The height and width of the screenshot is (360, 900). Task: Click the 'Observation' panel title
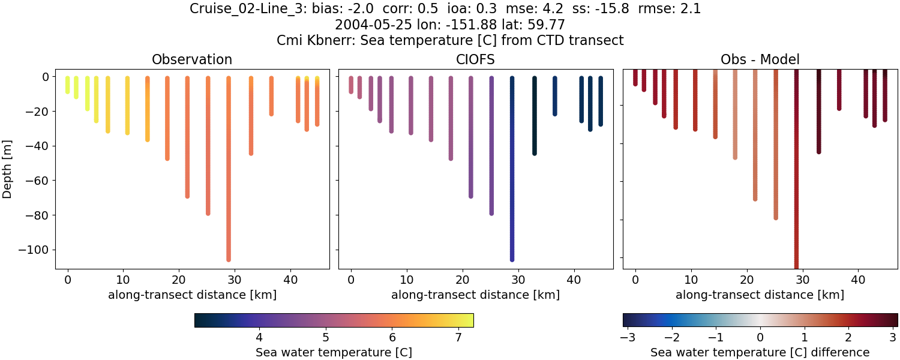coord(192,59)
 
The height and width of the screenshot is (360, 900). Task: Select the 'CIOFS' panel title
coord(476,59)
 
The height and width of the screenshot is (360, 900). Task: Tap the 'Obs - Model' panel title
coord(760,59)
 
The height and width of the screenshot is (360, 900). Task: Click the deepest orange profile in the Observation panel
coord(229,168)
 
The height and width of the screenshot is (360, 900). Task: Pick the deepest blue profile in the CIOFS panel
coord(512,168)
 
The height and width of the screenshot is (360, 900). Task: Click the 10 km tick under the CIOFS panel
coord(407,279)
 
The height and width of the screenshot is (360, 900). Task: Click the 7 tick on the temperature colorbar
coord(458,337)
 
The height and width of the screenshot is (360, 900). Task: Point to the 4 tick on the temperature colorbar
coord(259,337)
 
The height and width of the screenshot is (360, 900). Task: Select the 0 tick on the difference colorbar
coord(760,337)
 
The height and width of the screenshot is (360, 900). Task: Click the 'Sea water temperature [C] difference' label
coord(760,352)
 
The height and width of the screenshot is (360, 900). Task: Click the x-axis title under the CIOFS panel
coord(476,295)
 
